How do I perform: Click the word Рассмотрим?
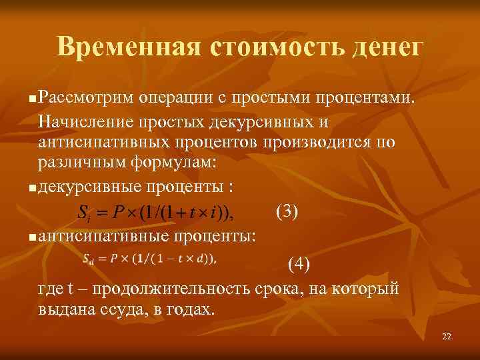click(x=86, y=98)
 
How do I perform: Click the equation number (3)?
click(x=287, y=212)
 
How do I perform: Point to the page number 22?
click(x=447, y=337)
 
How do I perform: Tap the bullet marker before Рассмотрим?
click(x=33, y=99)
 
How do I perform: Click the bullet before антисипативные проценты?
click(x=33, y=237)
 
